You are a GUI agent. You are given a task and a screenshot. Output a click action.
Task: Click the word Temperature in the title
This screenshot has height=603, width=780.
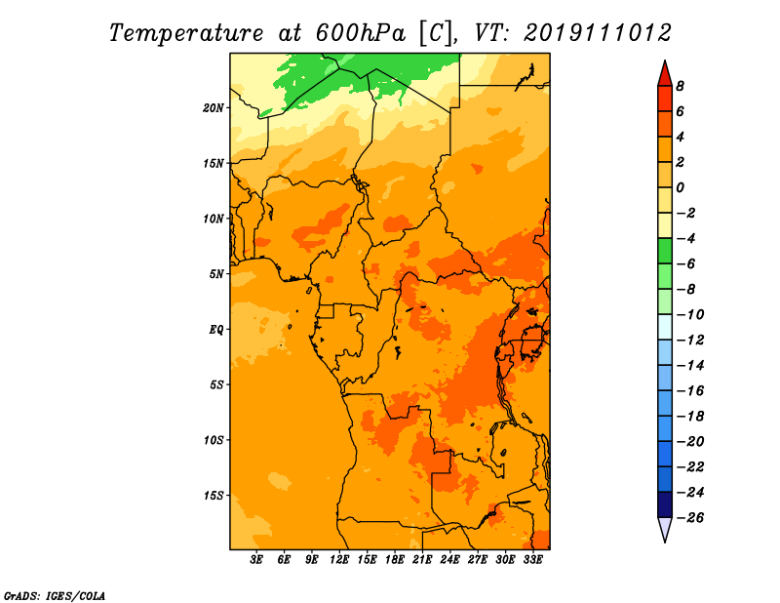click(186, 33)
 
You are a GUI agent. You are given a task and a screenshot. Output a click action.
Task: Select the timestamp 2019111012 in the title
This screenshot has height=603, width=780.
click(598, 33)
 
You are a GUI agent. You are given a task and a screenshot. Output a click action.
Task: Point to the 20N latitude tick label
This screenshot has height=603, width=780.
click(214, 108)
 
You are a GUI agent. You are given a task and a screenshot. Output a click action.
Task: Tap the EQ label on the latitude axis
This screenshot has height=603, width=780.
click(215, 330)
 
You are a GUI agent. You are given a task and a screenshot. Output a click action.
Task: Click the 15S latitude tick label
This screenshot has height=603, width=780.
click(214, 496)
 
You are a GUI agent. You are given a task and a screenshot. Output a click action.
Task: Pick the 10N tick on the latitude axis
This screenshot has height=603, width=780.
click(214, 219)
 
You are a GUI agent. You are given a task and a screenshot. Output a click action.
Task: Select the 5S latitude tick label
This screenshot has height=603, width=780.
click(216, 384)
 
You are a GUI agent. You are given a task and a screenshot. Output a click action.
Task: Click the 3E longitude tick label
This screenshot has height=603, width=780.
click(256, 559)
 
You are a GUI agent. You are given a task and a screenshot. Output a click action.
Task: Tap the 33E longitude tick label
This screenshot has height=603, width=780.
click(532, 559)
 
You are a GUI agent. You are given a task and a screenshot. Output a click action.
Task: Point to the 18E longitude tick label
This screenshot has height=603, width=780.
click(395, 559)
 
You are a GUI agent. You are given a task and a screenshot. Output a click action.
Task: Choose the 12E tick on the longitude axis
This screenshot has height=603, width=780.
click(339, 559)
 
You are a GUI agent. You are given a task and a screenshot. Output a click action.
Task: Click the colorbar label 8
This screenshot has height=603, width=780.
click(680, 86)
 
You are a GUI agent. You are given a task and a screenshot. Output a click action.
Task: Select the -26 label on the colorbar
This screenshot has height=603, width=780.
click(689, 518)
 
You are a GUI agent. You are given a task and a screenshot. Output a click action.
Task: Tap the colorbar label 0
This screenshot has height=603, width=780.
click(680, 187)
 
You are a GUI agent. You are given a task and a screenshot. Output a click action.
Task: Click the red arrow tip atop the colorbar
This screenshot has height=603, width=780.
click(665, 60)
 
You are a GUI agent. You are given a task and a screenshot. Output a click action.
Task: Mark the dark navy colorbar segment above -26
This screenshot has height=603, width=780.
click(665, 504)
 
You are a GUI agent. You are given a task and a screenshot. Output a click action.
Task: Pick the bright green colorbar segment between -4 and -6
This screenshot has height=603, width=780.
click(665, 251)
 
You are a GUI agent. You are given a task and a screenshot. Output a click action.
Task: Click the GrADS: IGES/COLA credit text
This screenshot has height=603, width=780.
click(55, 596)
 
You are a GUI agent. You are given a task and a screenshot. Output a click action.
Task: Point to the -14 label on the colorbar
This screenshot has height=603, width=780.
click(689, 366)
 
